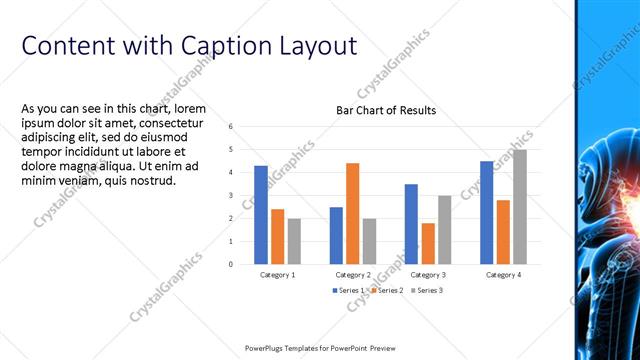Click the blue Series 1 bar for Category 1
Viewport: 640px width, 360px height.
[261, 215]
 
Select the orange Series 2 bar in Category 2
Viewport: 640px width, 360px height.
[352, 213]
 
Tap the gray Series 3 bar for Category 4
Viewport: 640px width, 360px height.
[519, 207]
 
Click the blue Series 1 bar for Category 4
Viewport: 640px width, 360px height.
[486, 212]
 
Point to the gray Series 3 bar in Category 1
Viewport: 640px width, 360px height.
[294, 241]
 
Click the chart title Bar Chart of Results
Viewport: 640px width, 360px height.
[385, 110]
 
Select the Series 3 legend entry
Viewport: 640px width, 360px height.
[426, 290]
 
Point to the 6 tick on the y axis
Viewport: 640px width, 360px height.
[231, 127]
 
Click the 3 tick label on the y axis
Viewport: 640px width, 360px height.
[231, 196]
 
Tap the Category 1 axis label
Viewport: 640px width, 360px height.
[277, 274]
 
